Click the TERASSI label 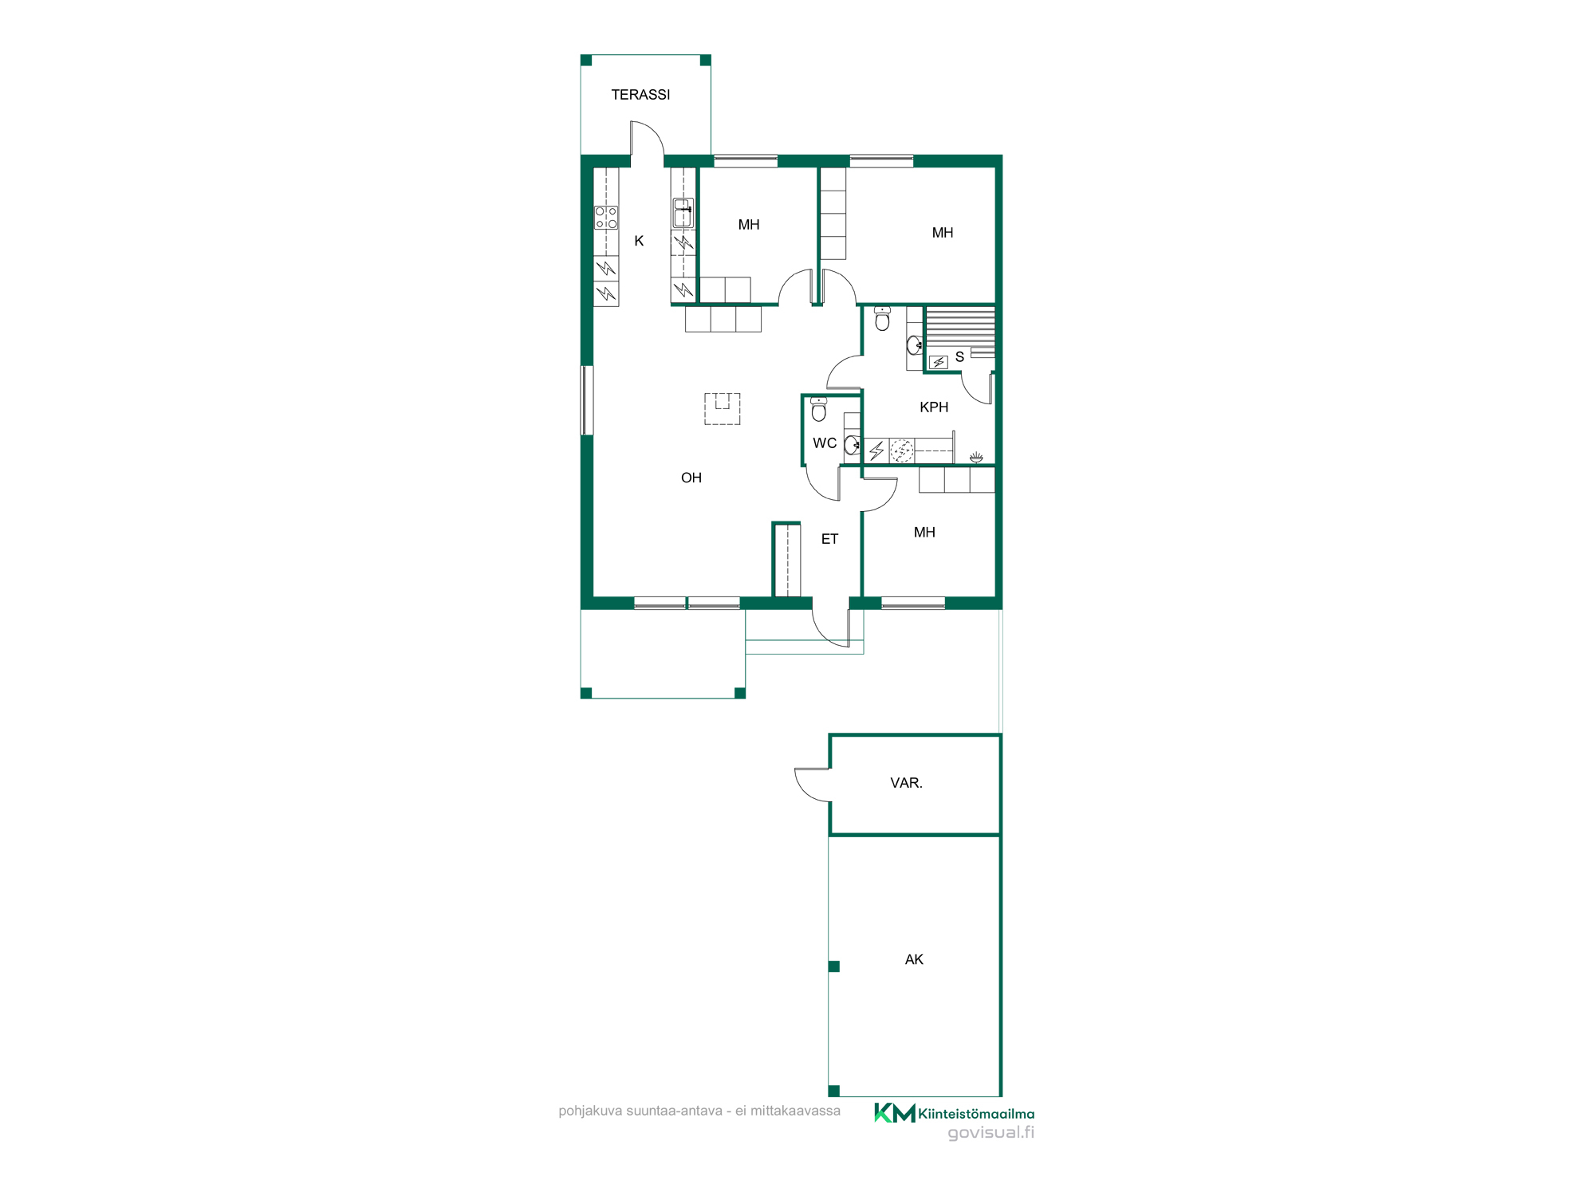pyautogui.click(x=640, y=95)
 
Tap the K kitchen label pyautogui.click(x=639, y=241)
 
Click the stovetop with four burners pyautogui.click(x=606, y=218)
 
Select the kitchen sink pyautogui.click(x=683, y=213)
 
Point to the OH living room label pyautogui.click(x=691, y=478)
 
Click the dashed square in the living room pyautogui.click(x=722, y=408)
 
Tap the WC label pyautogui.click(x=825, y=443)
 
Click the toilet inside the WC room pyautogui.click(x=818, y=409)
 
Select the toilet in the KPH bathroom pyautogui.click(x=882, y=318)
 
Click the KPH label pyautogui.click(x=934, y=407)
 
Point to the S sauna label pyautogui.click(x=959, y=357)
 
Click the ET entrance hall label pyautogui.click(x=829, y=539)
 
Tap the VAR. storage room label pyautogui.click(x=906, y=783)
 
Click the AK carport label pyautogui.click(x=914, y=959)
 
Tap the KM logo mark pyautogui.click(x=895, y=1113)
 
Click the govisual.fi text pyautogui.click(x=990, y=1132)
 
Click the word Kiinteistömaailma pyautogui.click(x=976, y=1114)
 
